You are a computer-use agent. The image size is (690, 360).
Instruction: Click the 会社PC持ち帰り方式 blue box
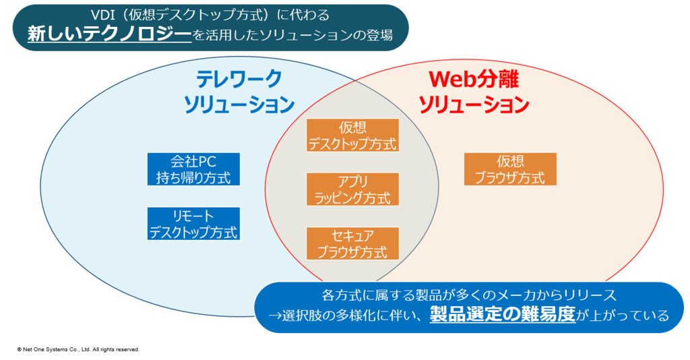[193, 169]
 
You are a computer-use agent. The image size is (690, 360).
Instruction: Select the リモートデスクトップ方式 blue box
[193, 224]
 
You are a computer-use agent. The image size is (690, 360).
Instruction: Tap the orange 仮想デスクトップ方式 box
[352, 135]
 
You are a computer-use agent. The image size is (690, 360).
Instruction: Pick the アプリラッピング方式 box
[352, 189]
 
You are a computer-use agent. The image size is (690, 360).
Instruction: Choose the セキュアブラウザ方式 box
[352, 243]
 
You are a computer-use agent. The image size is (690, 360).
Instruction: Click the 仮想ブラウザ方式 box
[511, 169]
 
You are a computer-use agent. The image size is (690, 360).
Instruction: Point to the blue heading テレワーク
[239, 79]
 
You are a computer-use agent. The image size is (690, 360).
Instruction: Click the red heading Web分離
[474, 79]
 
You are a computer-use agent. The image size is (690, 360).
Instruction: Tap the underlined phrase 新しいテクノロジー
[110, 34]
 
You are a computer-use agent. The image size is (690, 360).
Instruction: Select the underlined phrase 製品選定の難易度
[503, 314]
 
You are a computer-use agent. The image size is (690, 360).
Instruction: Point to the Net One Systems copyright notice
[78, 349]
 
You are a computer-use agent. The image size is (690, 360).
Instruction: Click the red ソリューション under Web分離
[474, 104]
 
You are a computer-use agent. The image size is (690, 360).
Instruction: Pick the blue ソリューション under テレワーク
[239, 104]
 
